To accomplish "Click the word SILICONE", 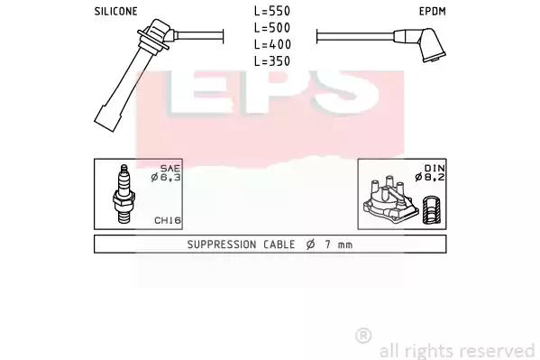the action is tap(115, 12).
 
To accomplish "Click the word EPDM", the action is tap(432, 12).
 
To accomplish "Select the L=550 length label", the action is tap(272, 11).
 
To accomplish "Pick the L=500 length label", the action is tap(272, 28).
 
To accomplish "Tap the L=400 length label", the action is tap(272, 44).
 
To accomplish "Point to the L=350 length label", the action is tap(272, 61).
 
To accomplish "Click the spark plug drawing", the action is tap(123, 194).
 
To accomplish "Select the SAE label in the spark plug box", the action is tap(170, 169).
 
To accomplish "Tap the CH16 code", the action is tap(168, 220).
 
